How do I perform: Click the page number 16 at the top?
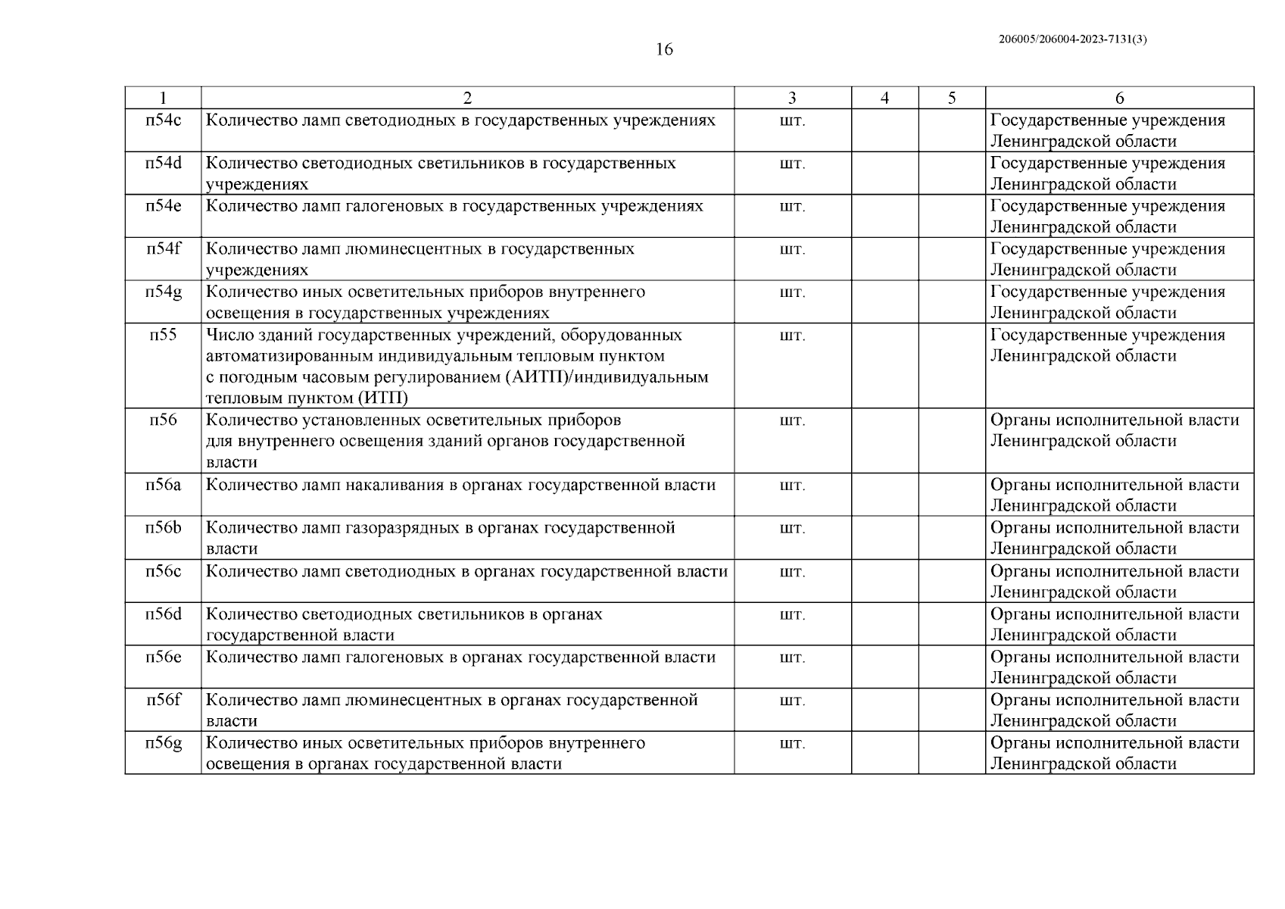[x=663, y=50]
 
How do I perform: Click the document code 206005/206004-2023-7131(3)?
[x=1073, y=40]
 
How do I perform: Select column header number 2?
[x=467, y=98]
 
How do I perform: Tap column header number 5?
[x=952, y=98]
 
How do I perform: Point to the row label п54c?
[x=164, y=120]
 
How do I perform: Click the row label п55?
[x=164, y=335]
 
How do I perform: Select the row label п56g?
[x=164, y=743]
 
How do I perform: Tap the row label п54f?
[x=164, y=249]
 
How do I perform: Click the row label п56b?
[x=164, y=528]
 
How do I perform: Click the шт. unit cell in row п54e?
[x=792, y=207]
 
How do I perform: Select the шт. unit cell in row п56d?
[x=792, y=614]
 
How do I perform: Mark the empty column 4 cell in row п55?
[x=884, y=366]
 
